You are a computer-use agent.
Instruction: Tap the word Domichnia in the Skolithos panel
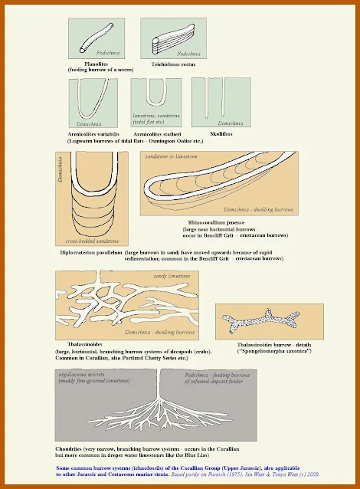[x=231, y=123]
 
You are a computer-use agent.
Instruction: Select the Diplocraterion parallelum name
[x=90, y=252]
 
